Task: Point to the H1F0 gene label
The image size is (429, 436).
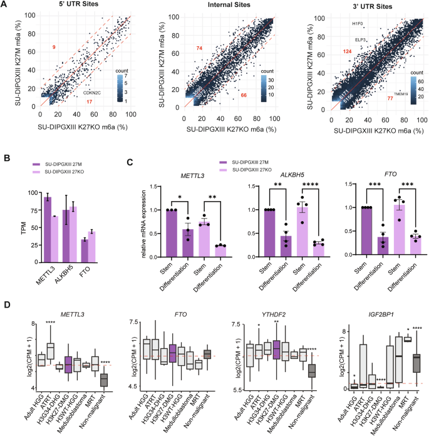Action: [x=358, y=24]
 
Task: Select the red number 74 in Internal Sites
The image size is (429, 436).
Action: [x=199, y=48]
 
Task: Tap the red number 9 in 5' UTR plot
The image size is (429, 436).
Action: [x=54, y=48]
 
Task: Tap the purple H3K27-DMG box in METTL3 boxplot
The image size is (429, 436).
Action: [x=70, y=363]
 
